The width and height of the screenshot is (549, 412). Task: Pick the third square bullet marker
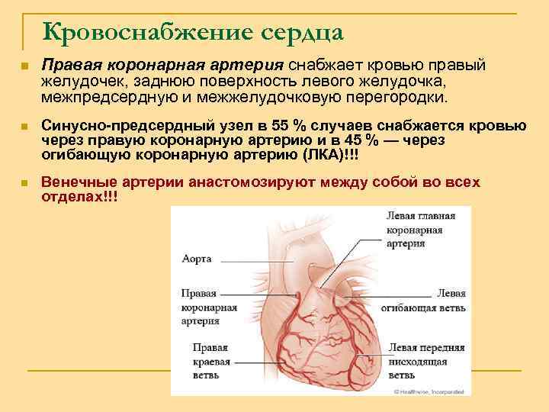pyautogui.click(x=26, y=184)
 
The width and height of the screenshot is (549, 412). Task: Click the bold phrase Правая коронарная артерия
pyautogui.click(x=162, y=66)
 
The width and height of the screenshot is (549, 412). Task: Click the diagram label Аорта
pyautogui.click(x=197, y=259)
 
